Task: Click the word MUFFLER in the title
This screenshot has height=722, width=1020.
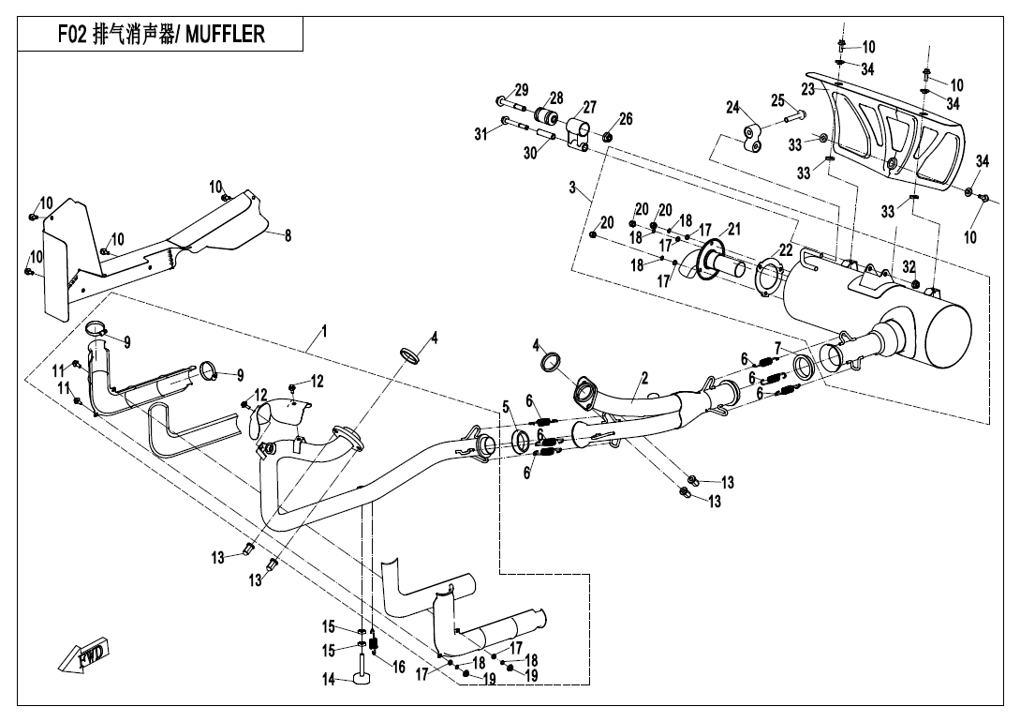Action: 225,35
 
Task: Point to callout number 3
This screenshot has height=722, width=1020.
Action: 571,188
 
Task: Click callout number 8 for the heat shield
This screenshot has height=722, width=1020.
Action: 288,236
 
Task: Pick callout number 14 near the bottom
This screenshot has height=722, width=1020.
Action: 329,680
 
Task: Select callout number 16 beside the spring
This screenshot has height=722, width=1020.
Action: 398,668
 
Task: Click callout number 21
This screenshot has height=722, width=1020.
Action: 734,229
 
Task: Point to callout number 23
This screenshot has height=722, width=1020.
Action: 807,89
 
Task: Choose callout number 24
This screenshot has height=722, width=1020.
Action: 732,107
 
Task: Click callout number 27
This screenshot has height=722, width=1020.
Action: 589,107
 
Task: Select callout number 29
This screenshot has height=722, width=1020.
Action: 522,90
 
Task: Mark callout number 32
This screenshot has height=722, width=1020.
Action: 909,266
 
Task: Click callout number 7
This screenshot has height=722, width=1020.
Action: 777,348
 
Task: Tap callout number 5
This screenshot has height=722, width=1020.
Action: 506,407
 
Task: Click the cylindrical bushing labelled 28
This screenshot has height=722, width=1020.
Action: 546,121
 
